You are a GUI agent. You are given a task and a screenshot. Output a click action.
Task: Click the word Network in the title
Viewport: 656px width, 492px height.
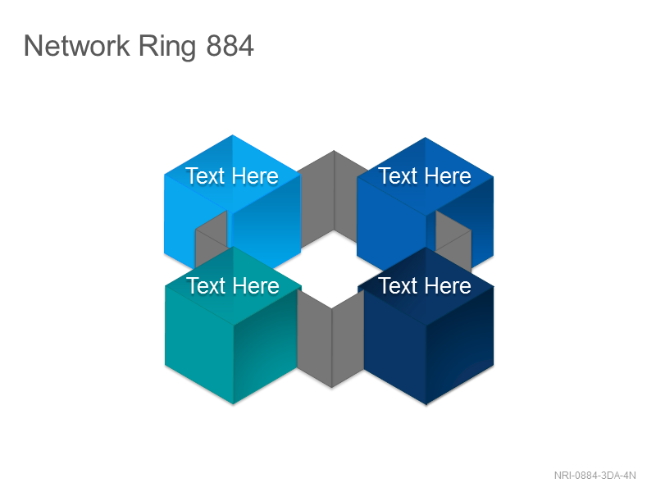pos(76,45)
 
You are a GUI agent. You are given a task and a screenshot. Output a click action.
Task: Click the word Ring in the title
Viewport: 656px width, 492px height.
pos(167,47)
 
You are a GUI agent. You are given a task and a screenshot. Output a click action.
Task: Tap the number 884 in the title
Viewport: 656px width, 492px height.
pos(230,46)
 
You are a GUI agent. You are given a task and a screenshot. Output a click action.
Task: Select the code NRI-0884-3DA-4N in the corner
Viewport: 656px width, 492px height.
pos(595,476)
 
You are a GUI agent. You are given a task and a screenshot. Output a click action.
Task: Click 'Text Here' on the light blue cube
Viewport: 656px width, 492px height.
pos(232,175)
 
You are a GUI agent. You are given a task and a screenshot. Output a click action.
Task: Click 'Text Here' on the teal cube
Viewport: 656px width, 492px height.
pos(233,285)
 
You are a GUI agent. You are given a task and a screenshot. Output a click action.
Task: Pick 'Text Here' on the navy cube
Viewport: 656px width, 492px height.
pos(425,285)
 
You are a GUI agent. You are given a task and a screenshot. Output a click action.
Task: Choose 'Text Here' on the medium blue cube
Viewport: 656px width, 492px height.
pos(425,175)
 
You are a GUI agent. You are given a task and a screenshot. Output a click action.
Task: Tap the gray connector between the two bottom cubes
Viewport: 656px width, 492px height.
pos(331,339)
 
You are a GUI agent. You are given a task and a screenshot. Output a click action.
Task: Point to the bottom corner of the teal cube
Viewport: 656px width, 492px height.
pos(234,404)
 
